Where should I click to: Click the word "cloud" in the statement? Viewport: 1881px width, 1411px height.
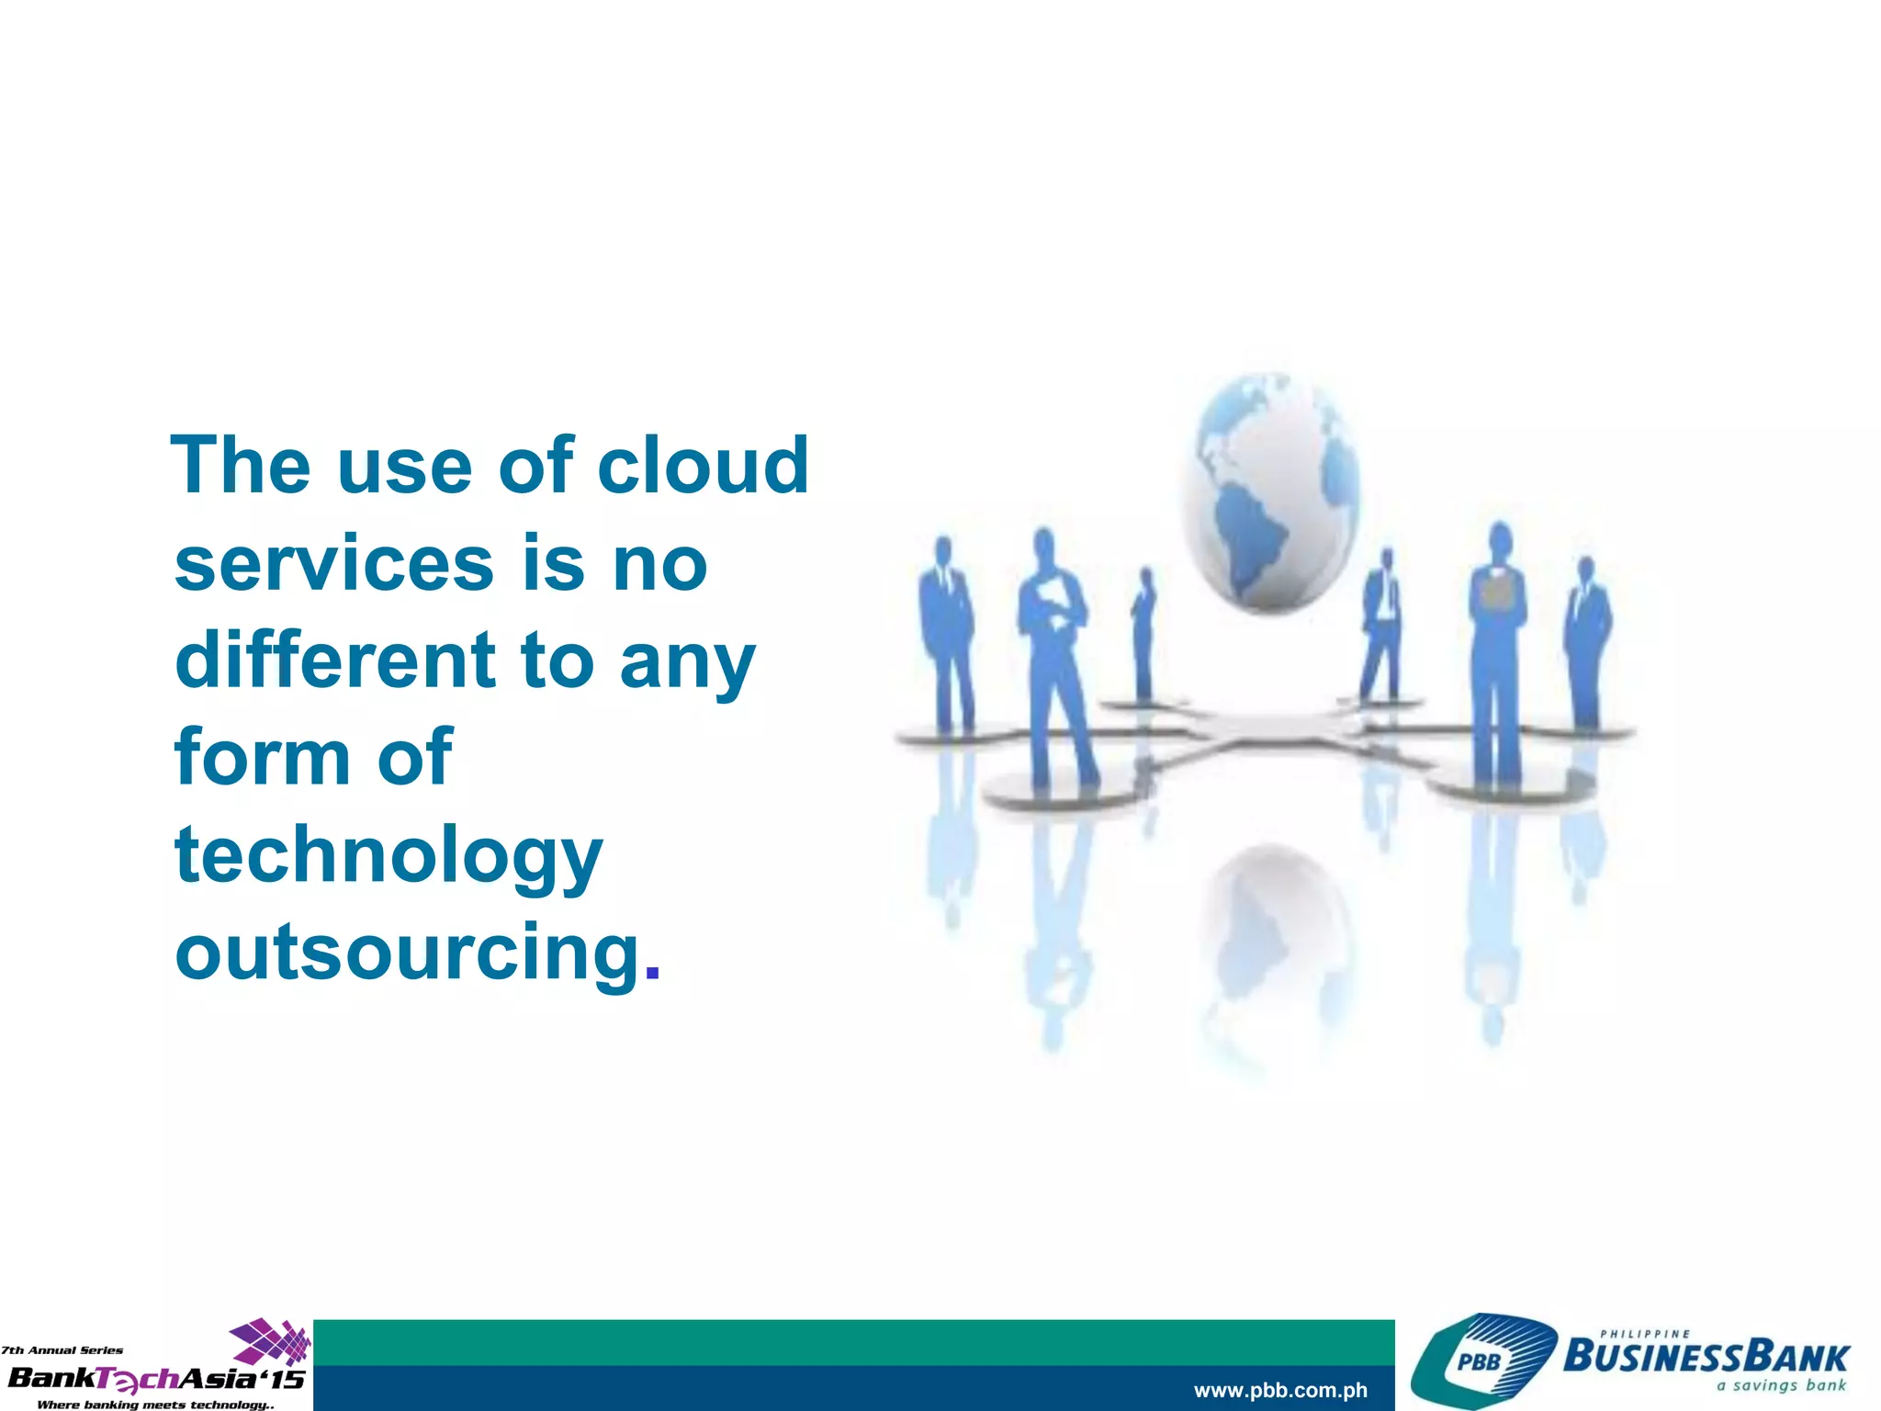(703, 466)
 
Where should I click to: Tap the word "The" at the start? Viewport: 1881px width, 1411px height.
(241, 466)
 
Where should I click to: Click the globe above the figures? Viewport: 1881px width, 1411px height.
(1269, 491)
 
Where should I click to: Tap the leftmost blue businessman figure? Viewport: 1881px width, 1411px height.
(945, 634)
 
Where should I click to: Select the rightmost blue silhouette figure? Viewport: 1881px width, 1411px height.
(1586, 643)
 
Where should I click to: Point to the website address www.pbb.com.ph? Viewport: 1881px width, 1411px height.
(1280, 1391)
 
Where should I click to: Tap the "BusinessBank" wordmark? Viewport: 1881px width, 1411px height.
(1706, 1357)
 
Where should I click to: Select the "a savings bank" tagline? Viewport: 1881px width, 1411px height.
(1781, 1385)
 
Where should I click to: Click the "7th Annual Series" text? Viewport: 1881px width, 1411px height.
(62, 1350)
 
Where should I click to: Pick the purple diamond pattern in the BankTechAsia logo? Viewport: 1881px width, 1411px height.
(271, 1341)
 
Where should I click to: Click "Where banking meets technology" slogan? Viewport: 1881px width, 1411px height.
(154, 1405)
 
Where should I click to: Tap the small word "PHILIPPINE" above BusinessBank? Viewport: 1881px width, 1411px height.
(1645, 1334)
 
